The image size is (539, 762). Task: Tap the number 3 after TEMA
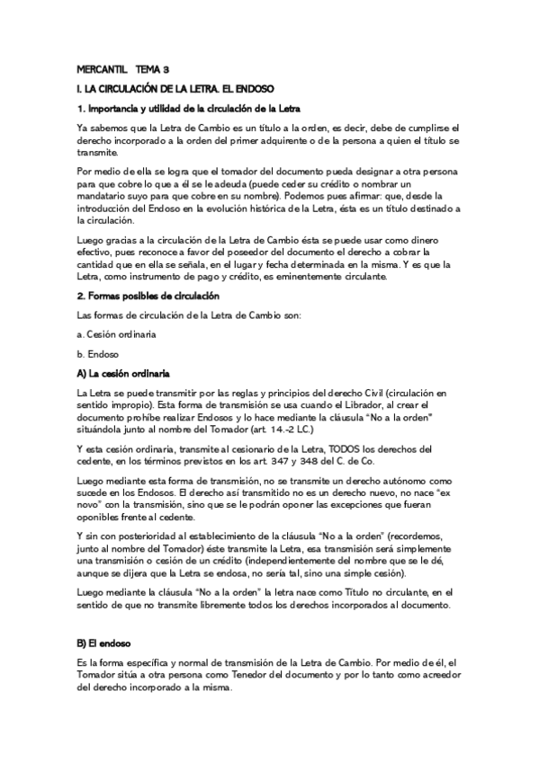(x=166, y=69)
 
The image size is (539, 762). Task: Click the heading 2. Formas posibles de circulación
(x=148, y=296)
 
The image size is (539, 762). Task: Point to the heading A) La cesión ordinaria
(x=124, y=373)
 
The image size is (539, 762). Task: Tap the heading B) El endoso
(x=105, y=644)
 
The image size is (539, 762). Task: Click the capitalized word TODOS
(x=344, y=448)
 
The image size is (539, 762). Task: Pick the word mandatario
(x=106, y=195)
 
